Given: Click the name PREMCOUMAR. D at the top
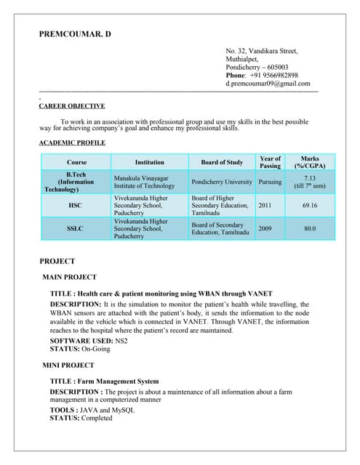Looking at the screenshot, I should click(76, 34).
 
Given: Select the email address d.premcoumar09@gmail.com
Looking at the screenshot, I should click(272, 84).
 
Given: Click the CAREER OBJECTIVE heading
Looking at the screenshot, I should click(71, 106).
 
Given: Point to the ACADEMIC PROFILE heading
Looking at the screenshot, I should click(72, 142).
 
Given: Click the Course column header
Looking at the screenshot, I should click(76, 162).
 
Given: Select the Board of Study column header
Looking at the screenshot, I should click(221, 162).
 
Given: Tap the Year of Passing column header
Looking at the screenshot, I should click(270, 162).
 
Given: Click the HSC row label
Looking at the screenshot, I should click(75, 206).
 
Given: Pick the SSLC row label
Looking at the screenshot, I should click(75, 230).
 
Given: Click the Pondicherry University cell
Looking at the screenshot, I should click(222, 182).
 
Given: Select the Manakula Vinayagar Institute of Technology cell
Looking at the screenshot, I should click(144, 182).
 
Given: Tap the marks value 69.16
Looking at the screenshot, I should click(310, 206).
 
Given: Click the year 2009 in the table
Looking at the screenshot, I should click(265, 228).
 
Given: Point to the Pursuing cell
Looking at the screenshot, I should click(270, 182).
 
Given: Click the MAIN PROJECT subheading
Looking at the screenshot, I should click(70, 277).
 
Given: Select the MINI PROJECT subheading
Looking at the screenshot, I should click(68, 365).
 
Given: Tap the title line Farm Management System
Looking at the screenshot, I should click(104, 381).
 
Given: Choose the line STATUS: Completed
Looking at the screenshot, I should click(81, 418).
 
